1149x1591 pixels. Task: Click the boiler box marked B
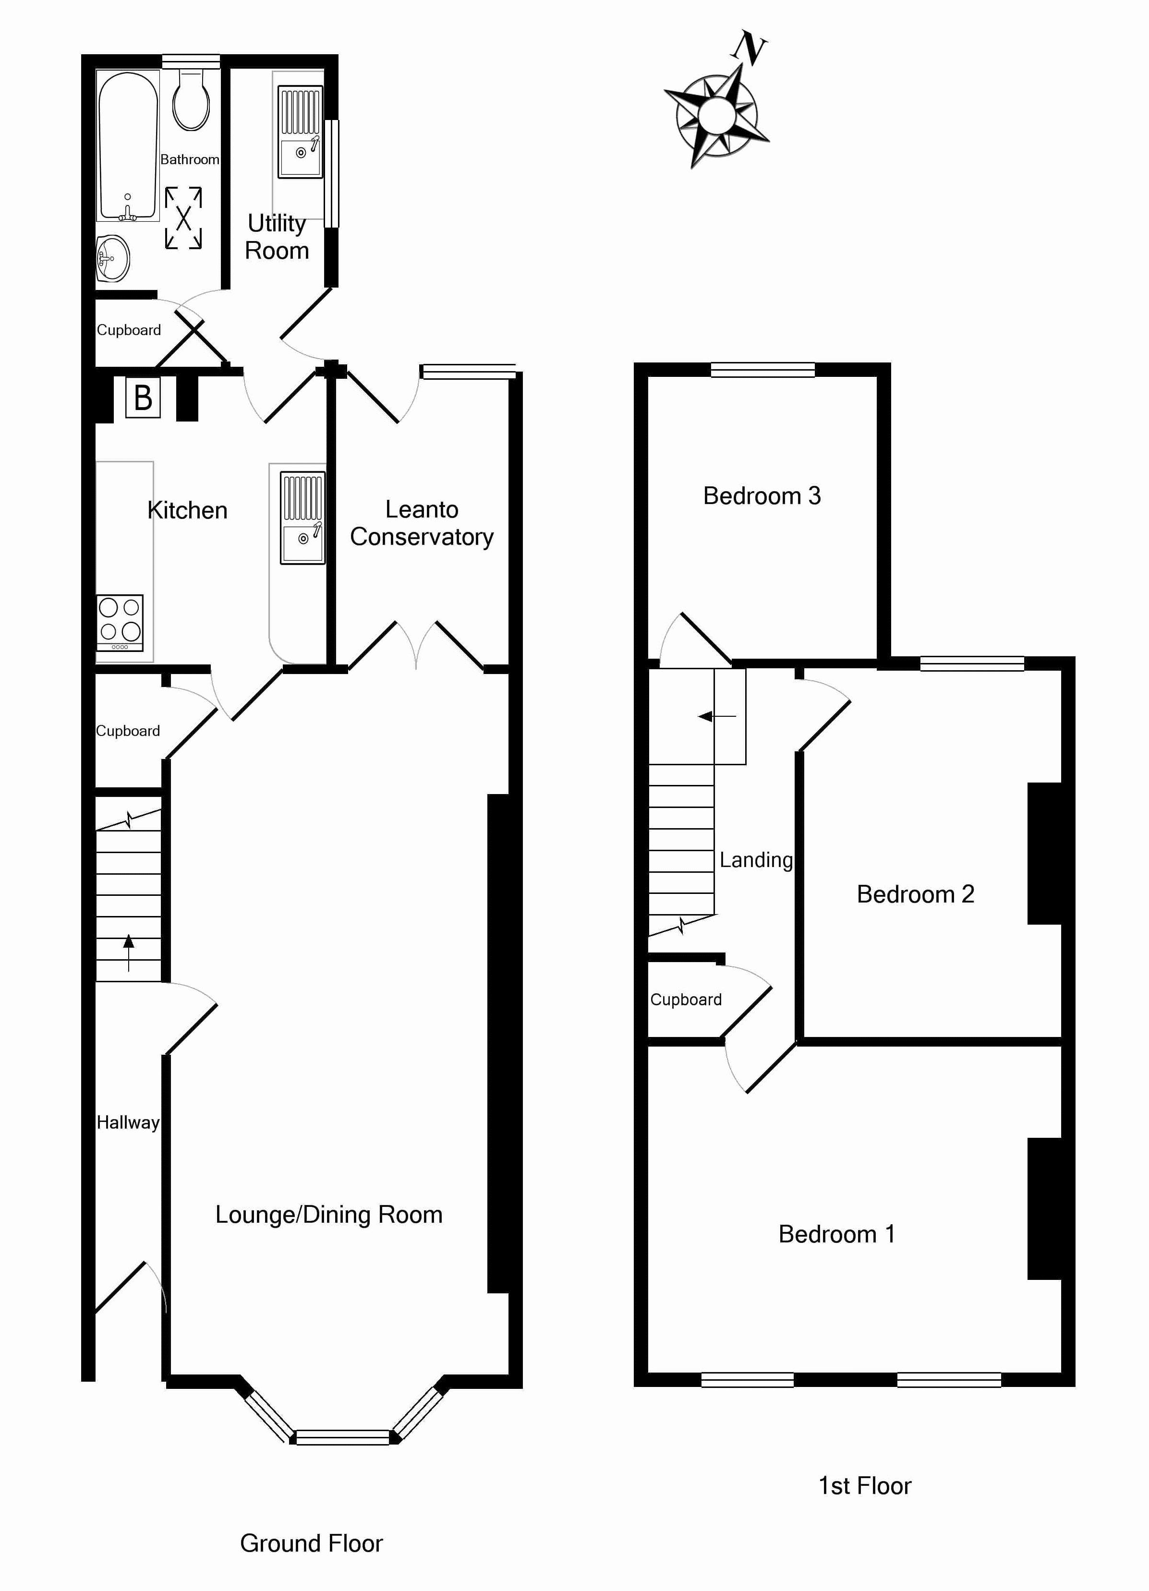click(x=143, y=398)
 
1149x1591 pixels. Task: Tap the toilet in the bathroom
click(x=191, y=99)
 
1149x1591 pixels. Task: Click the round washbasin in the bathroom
click(x=112, y=258)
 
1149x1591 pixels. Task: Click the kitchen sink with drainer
click(x=302, y=518)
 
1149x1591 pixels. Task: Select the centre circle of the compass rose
click(x=716, y=114)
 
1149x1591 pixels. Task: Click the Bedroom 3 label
click(x=762, y=496)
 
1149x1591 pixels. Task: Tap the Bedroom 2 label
click(x=916, y=894)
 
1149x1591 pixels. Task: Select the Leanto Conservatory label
click(x=422, y=523)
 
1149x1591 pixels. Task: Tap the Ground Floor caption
click(x=312, y=1544)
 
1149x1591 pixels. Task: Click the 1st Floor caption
click(x=865, y=1486)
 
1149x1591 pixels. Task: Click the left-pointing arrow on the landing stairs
click(x=717, y=716)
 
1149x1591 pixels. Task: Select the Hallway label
click(x=128, y=1122)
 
